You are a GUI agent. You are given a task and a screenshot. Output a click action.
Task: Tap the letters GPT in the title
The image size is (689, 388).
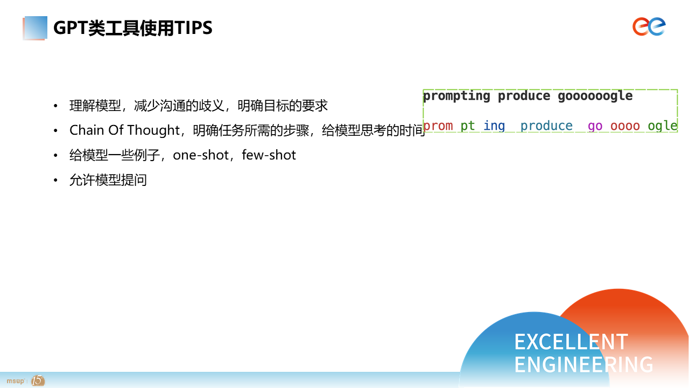tap(71, 27)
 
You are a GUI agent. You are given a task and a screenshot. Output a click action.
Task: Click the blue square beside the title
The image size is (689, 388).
tap(36, 27)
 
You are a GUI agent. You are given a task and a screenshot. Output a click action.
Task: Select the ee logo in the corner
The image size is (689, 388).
tap(649, 26)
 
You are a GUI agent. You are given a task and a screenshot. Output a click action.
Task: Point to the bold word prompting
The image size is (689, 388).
tap(456, 96)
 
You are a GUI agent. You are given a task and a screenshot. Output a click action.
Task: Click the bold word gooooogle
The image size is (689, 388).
tap(595, 96)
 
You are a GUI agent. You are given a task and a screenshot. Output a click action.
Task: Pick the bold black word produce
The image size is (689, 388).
tap(524, 96)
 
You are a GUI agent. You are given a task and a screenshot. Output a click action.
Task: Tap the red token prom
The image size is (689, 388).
tap(438, 126)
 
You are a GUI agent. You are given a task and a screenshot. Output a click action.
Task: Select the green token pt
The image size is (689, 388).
tap(468, 126)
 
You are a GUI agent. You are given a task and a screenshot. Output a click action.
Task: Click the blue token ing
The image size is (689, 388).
tap(494, 126)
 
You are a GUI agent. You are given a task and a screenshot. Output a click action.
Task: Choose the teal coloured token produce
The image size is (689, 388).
tap(546, 126)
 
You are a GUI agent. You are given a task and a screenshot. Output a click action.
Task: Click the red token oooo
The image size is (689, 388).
tap(625, 126)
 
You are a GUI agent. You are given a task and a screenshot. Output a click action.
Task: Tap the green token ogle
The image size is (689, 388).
tap(663, 126)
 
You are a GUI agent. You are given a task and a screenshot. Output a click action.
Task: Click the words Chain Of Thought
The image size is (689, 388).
tap(124, 130)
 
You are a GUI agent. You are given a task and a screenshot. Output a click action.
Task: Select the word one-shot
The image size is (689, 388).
tap(201, 155)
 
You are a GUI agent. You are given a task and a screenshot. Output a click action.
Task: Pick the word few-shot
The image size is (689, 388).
tap(269, 155)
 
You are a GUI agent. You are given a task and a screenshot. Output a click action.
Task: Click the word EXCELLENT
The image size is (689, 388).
tap(571, 342)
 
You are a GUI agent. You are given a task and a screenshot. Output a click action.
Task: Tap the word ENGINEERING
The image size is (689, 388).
tap(584, 365)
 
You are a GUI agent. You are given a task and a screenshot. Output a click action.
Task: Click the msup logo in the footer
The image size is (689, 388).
tap(16, 381)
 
